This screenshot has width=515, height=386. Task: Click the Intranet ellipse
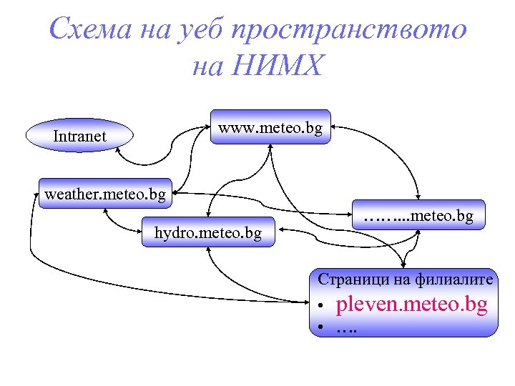(79, 135)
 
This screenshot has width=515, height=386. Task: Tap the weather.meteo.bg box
(105, 194)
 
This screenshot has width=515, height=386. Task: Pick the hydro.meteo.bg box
(207, 232)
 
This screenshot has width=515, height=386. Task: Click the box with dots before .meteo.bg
(418, 214)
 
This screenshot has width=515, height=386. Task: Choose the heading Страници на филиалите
(406, 279)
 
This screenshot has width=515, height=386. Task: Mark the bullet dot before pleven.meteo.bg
(323, 307)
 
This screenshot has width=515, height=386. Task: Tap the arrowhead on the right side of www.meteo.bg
(335, 128)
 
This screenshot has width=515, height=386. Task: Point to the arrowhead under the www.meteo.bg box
(270, 147)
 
